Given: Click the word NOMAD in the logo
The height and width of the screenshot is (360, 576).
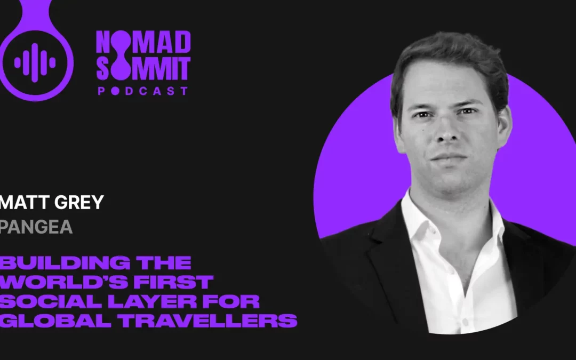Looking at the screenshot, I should (x=143, y=43).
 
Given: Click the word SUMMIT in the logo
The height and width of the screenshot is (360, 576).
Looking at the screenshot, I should (x=143, y=68).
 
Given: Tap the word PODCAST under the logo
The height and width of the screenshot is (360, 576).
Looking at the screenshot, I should (x=143, y=91).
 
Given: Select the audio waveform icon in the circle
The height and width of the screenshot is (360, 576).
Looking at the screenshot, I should (x=35, y=63).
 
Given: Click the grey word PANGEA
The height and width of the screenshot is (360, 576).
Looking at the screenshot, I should (x=36, y=227).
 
